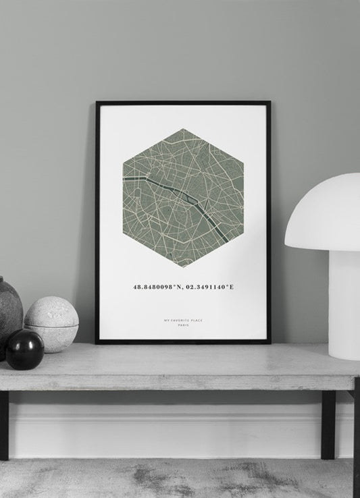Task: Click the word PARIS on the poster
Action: (x=183, y=326)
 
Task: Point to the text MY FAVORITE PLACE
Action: (x=183, y=319)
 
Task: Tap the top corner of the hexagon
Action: (x=184, y=128)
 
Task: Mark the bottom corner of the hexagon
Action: (x=184, y=266)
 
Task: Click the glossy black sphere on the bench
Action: (x=25, y=350)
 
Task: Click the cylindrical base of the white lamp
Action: (x=343, y=304)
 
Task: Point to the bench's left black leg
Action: (x=4, y=425)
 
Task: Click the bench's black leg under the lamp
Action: (x=328, y=425)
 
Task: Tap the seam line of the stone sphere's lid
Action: (x=51, y=326)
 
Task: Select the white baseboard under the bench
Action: (x=169, y=432)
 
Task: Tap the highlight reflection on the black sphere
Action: (x=19, y=341)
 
